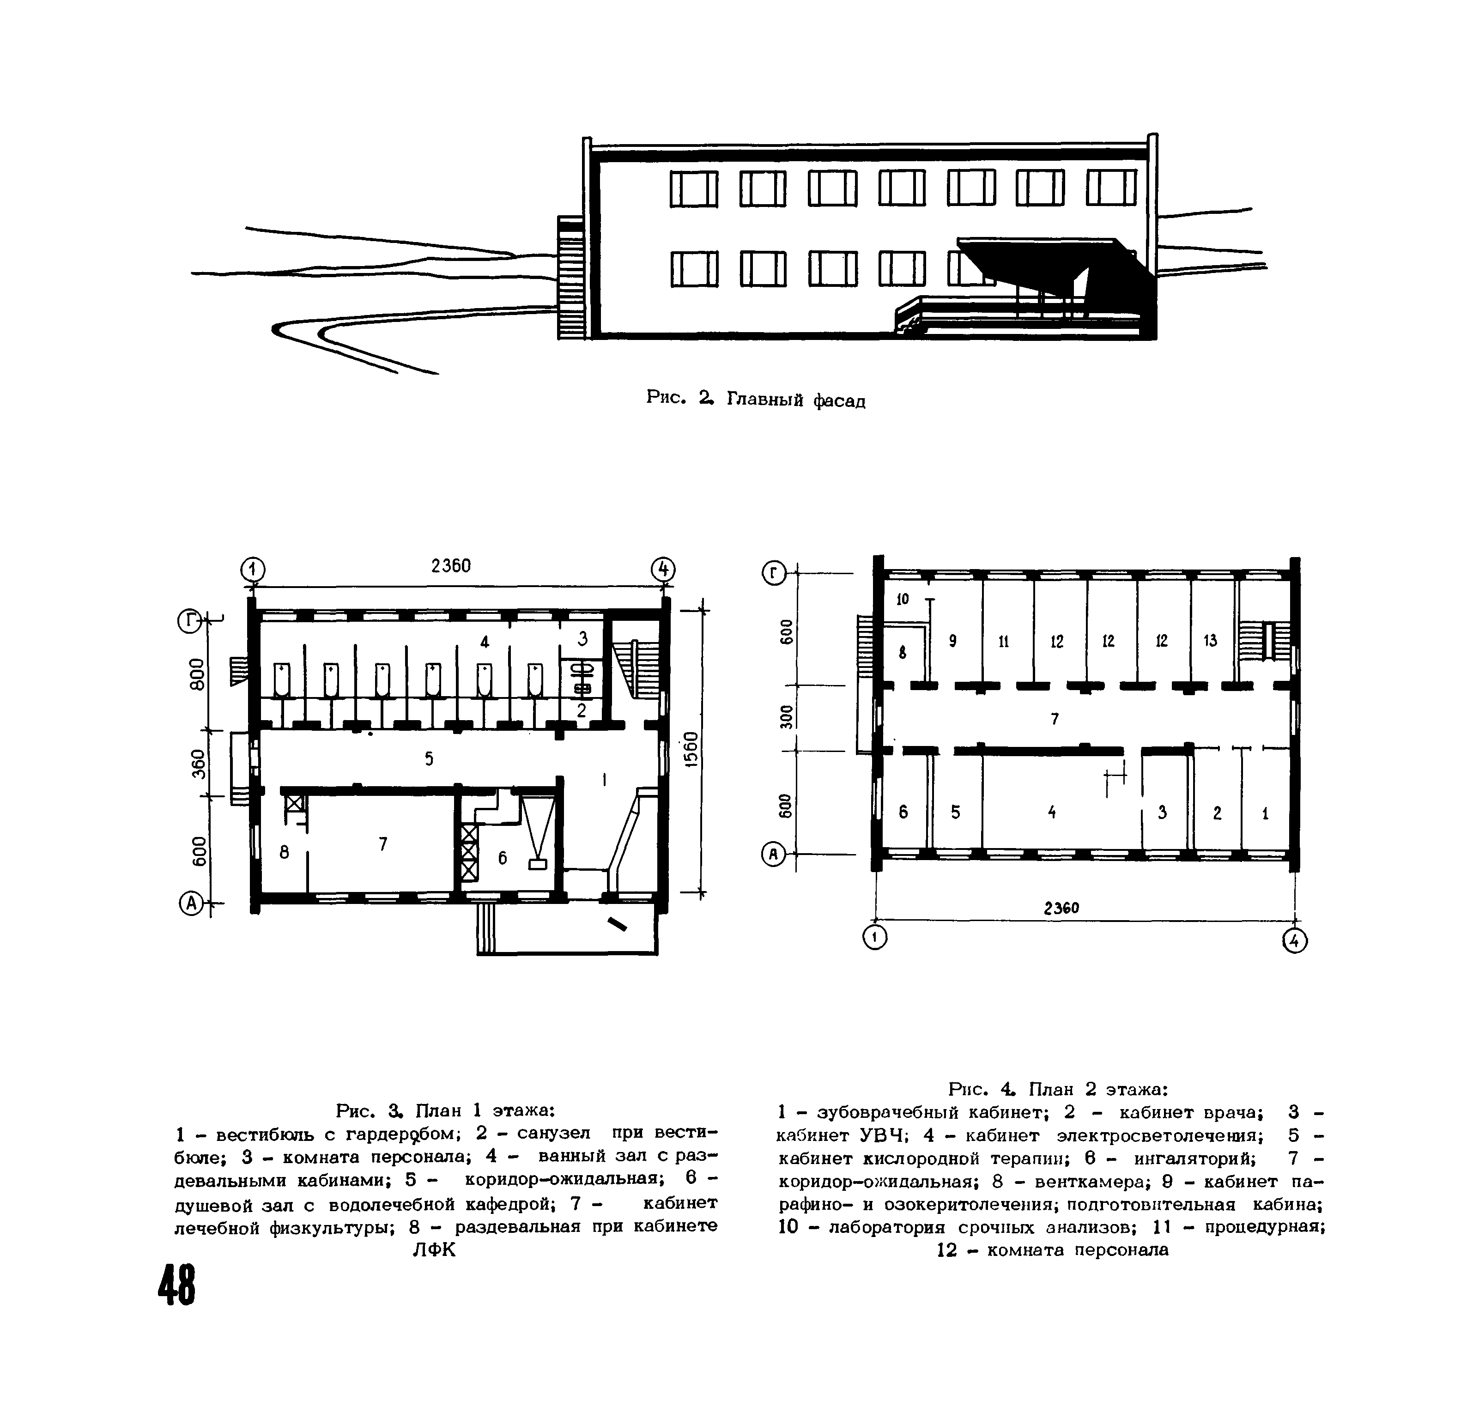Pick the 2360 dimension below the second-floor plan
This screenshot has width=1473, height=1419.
pyautogui.click(x=1061, y=908)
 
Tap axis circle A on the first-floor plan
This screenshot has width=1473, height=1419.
pyautogui.click(x=191, y=904)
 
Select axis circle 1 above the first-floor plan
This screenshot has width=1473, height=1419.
pyautogui.click(x=253, y=570)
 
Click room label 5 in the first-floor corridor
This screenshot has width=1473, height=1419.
pyautogui.click(x=429, y=759)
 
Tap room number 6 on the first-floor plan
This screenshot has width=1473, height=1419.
pyautogui.click(x=503, y=858)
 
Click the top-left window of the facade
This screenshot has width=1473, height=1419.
pyautogui.click(x=694, y=188)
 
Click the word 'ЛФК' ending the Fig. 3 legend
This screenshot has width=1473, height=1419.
pyautogui.click(x=434, y=1250)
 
